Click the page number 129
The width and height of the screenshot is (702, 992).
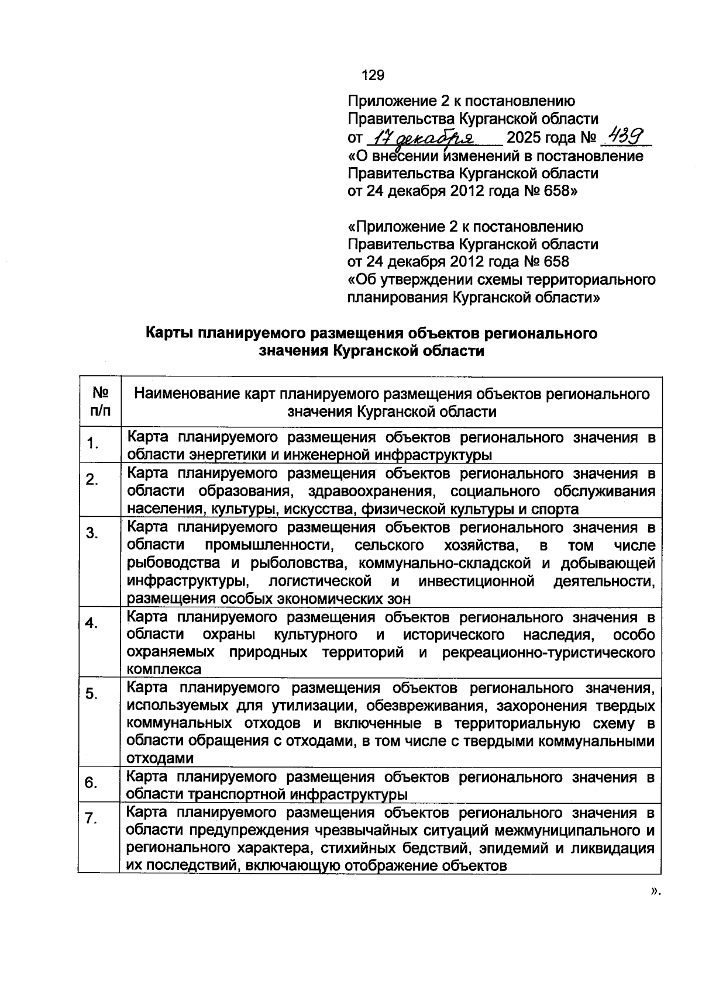click(x=373, y=75)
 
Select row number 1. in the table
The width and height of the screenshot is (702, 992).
click(x=92, y=444)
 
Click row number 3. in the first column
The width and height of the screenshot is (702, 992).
click(x=92, y=533)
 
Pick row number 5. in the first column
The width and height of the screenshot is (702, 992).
click(x=92, y=694)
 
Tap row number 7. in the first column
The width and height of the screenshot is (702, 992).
click(x=91, y=819)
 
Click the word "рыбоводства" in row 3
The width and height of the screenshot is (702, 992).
click(x=173, y=564)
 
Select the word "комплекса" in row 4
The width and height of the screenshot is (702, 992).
click(x=164, y=669)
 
